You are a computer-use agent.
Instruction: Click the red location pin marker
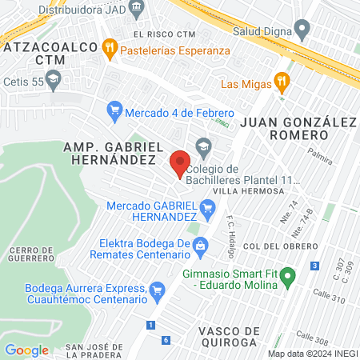180,162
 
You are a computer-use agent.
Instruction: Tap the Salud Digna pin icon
302,32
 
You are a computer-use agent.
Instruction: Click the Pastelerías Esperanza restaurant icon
111,50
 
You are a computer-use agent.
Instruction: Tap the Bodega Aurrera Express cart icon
157,287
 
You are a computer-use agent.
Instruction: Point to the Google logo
26,350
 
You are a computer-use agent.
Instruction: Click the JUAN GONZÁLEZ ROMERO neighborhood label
297,129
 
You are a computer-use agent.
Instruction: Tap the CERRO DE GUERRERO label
31,254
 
